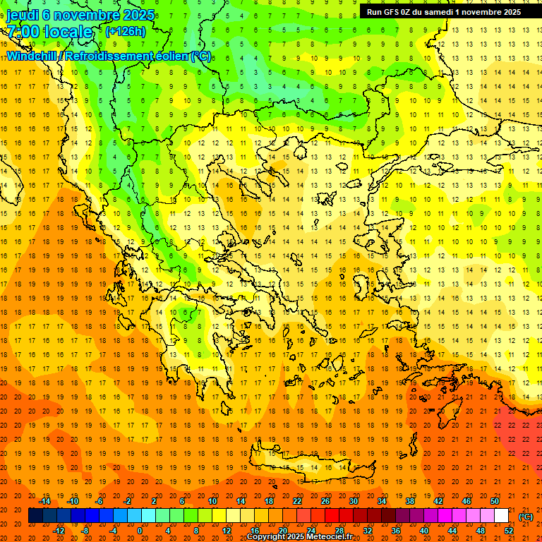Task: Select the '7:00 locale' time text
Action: [x=49, y=32]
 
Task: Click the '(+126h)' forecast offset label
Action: [x=126, y=31]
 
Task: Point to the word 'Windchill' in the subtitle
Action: [x=32, y=56]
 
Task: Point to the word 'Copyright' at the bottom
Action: [x=265, y=537]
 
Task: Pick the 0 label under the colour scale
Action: [x=139, y=531]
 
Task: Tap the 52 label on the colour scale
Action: [x=509, y=531]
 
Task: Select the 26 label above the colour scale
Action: [x=325, y=501]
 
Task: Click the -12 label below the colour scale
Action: [x=59, y=531]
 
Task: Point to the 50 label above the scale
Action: [x=495, y=501]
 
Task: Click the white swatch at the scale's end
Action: [x=501, y=516]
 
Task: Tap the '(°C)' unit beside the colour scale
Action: [x=526, y=516]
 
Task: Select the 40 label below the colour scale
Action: [x=424, y=531]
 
